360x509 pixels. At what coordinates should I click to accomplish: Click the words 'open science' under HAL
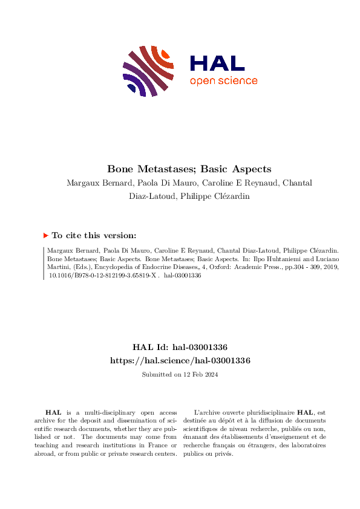[223, 81]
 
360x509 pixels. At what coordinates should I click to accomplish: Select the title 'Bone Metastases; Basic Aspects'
[180, 169]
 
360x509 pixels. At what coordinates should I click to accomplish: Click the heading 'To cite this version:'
[94, 236]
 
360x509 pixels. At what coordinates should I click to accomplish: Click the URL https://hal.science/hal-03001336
[180, 360]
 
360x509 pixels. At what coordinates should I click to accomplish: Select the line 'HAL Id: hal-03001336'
[180, 348]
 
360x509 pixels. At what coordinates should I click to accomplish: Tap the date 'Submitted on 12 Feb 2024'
[180, 375]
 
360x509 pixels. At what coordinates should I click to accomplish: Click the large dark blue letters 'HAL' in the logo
[217, 63]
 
